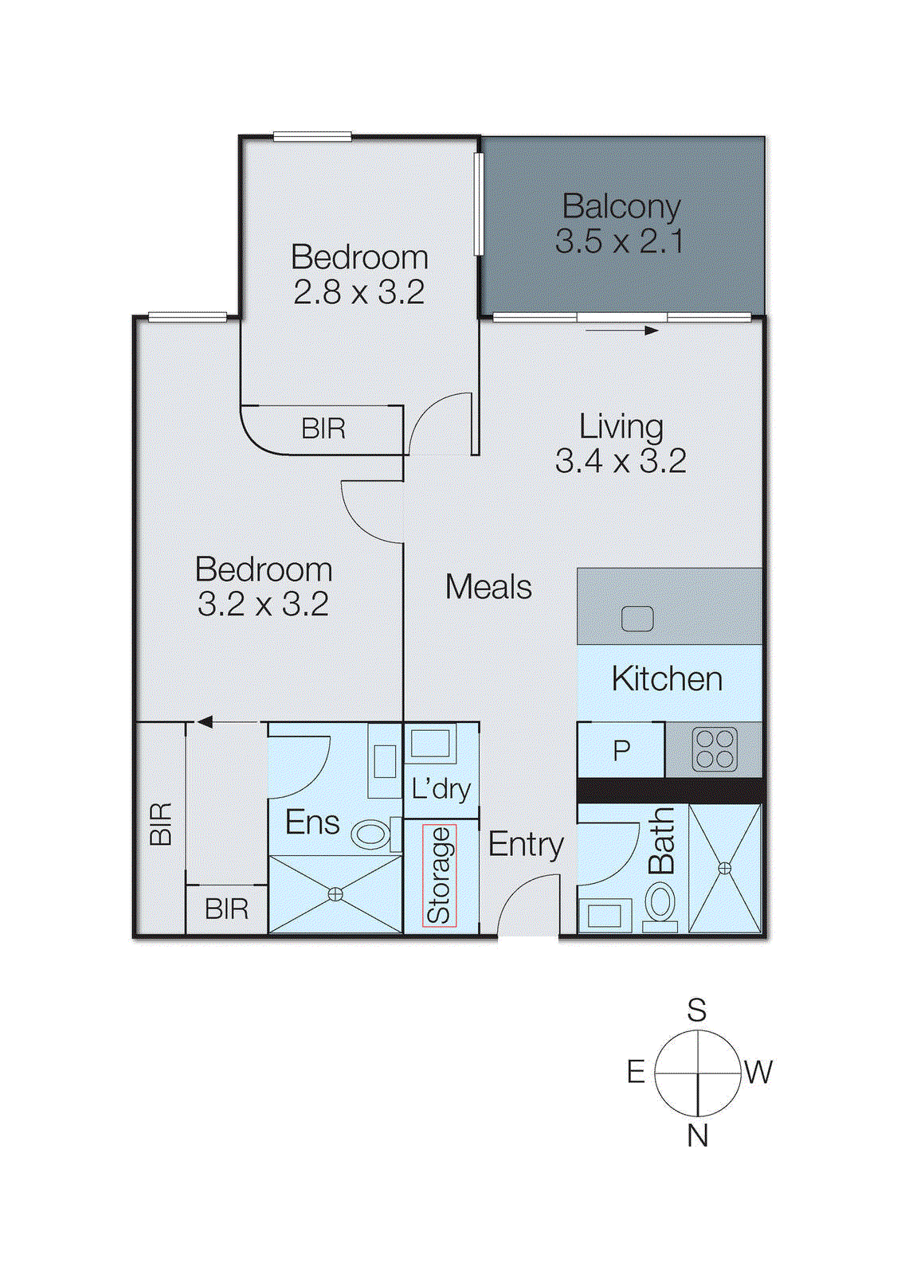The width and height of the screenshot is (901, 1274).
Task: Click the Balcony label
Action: click(621, 207)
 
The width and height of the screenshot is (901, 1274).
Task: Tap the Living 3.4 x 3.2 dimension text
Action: click(621, 461)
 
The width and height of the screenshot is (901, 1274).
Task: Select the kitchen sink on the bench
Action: click(637, 619)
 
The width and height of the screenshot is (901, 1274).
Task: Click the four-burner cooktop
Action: click(715, 749)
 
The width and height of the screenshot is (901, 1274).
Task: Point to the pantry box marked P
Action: click(621, 750)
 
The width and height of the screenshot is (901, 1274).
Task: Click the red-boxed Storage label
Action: click(439, 875)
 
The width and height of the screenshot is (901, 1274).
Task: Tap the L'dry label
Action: click(441, 789)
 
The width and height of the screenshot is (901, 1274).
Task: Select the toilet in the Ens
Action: click(370, 834)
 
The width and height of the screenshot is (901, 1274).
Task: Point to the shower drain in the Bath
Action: click(724, 868)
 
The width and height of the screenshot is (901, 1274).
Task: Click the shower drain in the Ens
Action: click(335, 894)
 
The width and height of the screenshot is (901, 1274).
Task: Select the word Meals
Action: click(488, 588)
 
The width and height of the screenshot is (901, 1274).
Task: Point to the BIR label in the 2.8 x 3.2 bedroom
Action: click(323, 429)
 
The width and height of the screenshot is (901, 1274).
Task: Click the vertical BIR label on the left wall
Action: click(160, 823)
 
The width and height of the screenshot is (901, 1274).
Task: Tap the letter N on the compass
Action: click(697, 1135)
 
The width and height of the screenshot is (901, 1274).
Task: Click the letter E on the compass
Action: click(635, 1072)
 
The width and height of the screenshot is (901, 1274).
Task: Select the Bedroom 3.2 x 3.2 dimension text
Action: click(263, 604)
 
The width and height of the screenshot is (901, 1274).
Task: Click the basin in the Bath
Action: click(604, 915)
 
